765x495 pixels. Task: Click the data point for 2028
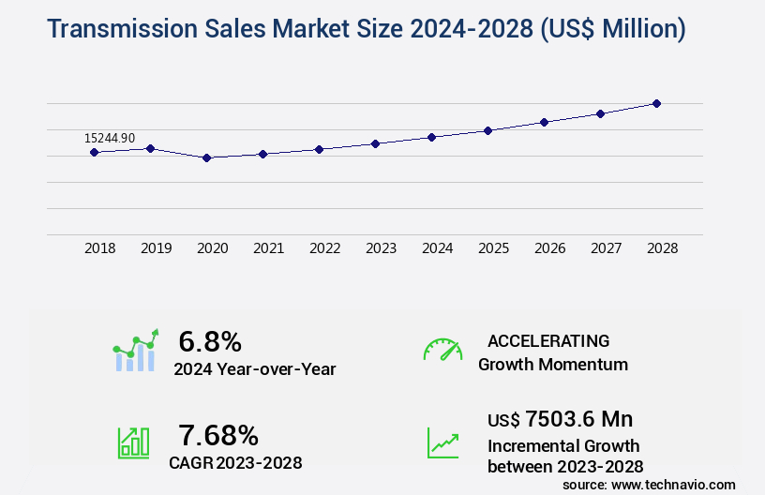coord(656,103)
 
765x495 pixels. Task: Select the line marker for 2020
coord(207,157)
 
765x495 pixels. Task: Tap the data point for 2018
coord(95,152)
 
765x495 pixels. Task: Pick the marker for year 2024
coord(431,137)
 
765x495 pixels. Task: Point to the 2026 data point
coord(544,122)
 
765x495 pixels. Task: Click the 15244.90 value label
coord(110,138)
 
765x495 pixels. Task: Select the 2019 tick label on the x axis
coord(157,248)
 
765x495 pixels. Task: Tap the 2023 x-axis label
coord(382,248)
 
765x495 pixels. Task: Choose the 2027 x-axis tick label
coord(607,248)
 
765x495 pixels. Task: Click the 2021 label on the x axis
coord(269,248)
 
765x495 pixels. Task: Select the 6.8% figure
coord(210,341)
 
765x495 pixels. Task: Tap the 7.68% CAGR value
coord(218,435)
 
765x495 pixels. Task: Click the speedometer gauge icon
coord(442,350)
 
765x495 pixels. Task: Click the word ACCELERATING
coord(548,340)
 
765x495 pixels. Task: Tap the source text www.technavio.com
coord(674,484)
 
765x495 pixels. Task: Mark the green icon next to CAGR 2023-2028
coord(133,442)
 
